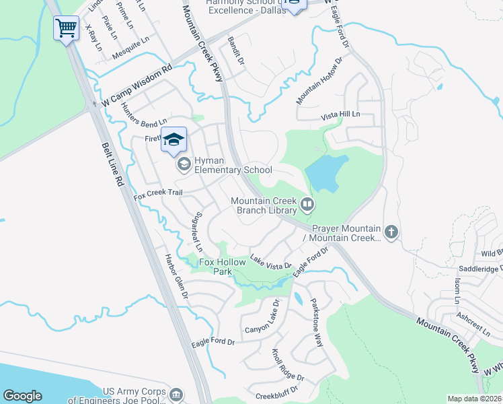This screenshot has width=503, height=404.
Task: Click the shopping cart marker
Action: coord(66,28)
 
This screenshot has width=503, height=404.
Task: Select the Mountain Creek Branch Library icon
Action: coord(307,203)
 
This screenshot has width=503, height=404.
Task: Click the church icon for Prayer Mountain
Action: coord(391,232)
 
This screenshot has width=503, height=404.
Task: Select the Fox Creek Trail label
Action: coord(158,194)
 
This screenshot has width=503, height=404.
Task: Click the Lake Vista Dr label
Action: coord(270,261)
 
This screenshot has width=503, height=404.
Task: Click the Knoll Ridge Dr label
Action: coord(288,364)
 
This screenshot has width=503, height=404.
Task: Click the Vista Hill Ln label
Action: coord(340,115)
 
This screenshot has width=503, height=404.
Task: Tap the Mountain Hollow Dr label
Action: coord(320,81)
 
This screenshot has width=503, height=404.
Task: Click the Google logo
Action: coord(22,395)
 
